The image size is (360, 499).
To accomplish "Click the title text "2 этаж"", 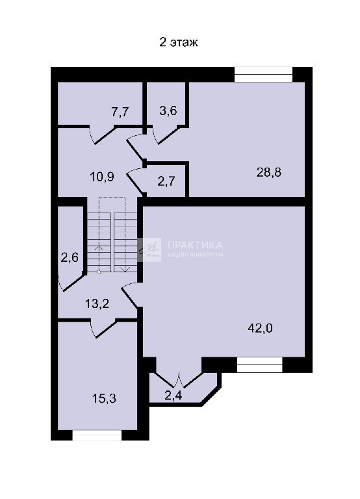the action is [179, 42].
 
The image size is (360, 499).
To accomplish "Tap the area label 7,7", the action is [120, 112].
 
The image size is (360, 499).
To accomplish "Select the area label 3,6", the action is [168, 110].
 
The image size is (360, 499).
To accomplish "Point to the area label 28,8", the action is [269, 172].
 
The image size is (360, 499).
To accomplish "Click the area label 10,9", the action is [102, 177].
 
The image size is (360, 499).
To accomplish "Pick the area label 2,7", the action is [166, 181].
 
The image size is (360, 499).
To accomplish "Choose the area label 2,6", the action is [70, 257].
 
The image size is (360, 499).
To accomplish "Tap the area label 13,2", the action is [97, 303].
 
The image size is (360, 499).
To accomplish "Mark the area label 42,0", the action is [260, 327].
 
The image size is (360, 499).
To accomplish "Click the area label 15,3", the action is [104, 398].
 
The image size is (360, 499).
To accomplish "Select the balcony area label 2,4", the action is [174, 396].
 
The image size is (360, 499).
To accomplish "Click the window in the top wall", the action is [264, 75].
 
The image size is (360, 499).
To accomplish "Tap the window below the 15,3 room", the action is [97, 435].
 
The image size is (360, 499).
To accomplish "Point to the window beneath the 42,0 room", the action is [260, 365].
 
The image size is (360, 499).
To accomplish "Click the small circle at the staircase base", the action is [99, 272].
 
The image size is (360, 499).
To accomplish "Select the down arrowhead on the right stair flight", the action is [126, 269].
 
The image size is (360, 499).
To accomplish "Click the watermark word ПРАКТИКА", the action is [195, 245].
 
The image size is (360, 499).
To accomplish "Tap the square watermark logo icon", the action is [149, 249].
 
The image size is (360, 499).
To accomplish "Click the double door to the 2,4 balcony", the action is [179, 379].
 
